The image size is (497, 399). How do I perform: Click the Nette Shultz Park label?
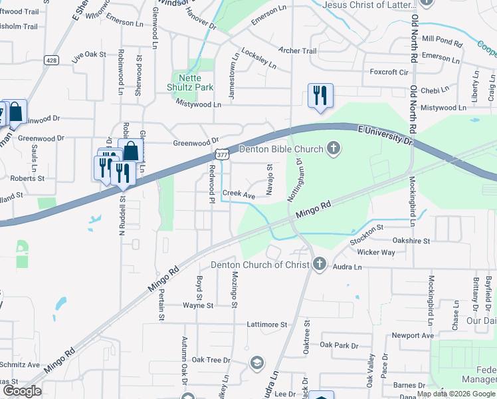pos(189,82)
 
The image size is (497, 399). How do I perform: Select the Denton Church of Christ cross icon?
pos(320,265)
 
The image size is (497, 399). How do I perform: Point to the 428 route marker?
pos(50,60)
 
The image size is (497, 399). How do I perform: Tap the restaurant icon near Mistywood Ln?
pos(320,96)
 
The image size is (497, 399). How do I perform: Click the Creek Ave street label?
pos(239,196)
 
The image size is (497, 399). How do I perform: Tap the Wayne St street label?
pos(199,306)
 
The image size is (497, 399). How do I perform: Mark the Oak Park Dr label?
pos(339,345)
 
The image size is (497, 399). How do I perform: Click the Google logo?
pos(22,391)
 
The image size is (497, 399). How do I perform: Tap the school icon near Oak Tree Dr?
pos(256,362)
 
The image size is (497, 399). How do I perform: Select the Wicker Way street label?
pos(375,253)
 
